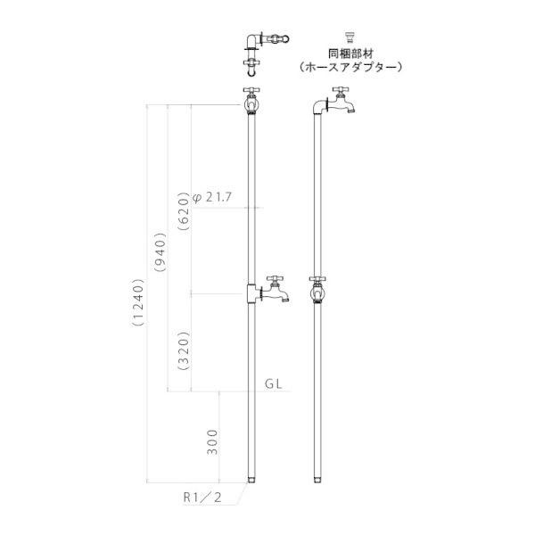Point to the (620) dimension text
184,211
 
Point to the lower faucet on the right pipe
318,291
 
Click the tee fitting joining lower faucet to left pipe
251,292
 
